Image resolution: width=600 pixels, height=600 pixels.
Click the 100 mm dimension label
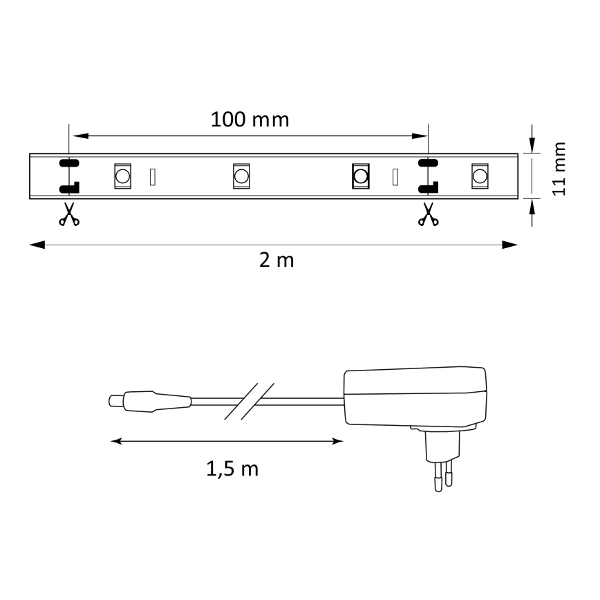250,120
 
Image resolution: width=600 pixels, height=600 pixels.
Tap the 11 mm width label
559,169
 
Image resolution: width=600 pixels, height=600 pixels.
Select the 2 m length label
276,261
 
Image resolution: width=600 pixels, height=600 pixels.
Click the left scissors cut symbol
68,215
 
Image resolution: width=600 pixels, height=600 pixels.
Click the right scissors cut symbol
428,215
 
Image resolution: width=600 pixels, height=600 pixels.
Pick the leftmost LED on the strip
122,176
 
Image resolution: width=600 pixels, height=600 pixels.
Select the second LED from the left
241,176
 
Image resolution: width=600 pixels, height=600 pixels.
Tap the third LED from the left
360,176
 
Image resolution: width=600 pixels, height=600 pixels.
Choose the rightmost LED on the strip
478,176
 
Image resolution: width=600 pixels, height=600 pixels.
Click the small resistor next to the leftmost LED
153,177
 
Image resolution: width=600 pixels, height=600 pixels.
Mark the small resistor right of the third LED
395,177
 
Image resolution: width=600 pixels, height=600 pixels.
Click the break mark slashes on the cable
250,401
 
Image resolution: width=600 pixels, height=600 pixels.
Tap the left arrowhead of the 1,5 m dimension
117,440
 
